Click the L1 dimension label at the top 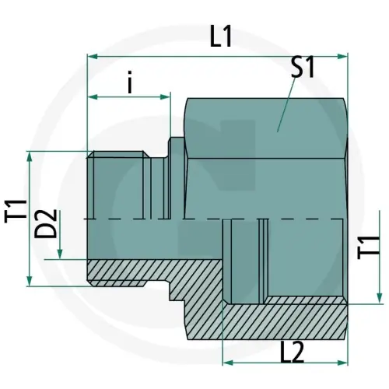(x=222, y=37)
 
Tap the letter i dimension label (x=129, y=83)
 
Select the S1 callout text (x=302, y=68)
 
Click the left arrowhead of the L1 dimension (x=91, y=56)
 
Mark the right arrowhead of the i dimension (x=165, y=97)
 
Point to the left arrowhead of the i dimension (x=91, y=97)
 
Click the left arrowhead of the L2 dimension (x=227, y=362)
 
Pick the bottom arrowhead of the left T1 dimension (x=30, y=279)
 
